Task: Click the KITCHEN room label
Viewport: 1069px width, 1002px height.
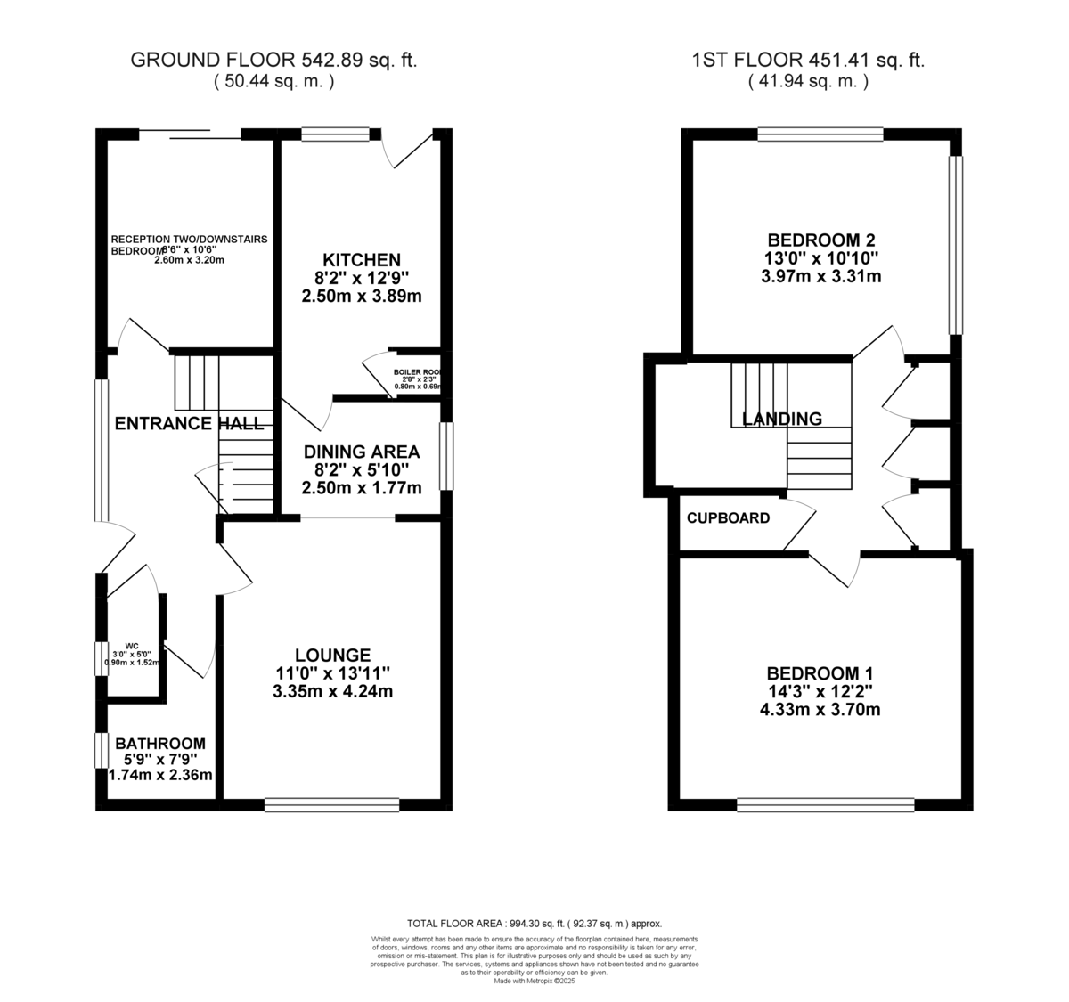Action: (x=361, y=260)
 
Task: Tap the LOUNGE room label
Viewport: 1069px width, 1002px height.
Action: (x=334, y=655)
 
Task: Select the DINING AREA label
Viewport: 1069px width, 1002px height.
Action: (x=361, y=452)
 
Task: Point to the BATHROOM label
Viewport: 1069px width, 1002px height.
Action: (x=160, y=743)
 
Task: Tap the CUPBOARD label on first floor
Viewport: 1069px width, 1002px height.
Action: (x=728, y=517)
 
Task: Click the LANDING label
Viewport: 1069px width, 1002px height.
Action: (x=781, y=419)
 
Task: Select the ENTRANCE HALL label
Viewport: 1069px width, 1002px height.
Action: (x=190, y=423)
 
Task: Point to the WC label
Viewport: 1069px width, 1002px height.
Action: (x=132, y=646)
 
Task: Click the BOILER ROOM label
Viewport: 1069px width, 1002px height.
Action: (x=418, y=372)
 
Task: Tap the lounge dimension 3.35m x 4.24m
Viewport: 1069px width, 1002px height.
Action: (x=334, y=691)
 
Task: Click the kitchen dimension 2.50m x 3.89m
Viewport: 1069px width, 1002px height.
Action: (x=361, y=296)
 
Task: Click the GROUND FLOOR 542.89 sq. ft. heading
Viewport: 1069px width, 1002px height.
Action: (x=274, y=61)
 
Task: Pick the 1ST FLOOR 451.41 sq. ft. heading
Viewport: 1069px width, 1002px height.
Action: (x=808, y=61)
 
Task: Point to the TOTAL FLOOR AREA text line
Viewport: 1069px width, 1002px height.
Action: (x=534, y=924)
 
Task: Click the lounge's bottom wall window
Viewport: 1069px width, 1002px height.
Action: (x=331, y=805)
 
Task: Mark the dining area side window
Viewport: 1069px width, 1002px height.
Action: (x=446, y=456)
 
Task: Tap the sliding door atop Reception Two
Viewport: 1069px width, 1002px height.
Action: (x=190, y=134)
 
